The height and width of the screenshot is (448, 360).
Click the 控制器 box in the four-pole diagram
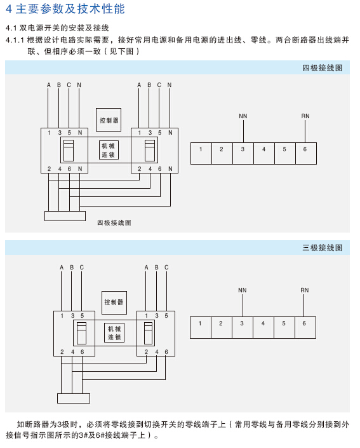(109, 119)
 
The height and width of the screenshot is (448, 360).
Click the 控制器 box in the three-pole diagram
(114, 302)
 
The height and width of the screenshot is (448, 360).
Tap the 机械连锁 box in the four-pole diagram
(109, 150)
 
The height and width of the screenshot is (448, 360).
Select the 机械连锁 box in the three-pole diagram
(114, 333)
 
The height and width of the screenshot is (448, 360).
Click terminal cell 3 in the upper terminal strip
(243, 153)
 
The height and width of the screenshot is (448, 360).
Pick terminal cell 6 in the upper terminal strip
(306, 153)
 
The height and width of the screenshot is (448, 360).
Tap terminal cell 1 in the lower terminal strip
(201, 327)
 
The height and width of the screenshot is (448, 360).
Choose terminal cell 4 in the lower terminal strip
(263, 327)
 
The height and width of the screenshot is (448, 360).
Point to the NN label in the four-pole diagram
(243, 116)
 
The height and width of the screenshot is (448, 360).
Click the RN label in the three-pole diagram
(305, 290)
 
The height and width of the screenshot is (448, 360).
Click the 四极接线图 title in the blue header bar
(323, 68)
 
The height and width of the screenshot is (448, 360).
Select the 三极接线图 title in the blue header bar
(323, 247)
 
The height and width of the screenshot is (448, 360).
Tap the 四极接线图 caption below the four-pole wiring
(114, 222)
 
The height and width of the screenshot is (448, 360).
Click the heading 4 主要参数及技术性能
(65, 8)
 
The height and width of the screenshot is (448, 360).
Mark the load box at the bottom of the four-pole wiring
(65, 216)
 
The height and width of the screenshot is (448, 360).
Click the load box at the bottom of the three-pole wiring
(74, 398)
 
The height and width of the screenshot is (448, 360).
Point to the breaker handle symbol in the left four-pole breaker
(69, 151)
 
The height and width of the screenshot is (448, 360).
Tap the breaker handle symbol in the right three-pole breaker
(148, 333)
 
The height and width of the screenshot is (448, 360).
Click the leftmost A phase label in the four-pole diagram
(48, 85)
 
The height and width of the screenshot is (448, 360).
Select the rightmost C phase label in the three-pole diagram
(166, 267)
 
